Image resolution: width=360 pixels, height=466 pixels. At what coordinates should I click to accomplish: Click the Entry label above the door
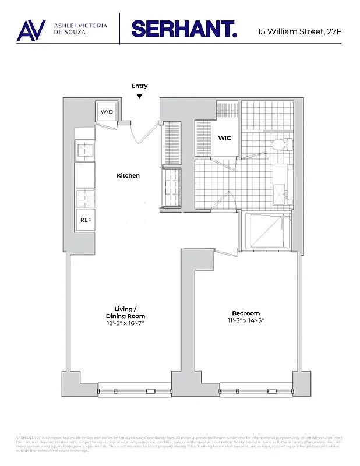139,86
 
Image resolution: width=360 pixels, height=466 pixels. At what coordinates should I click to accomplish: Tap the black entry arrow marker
139,96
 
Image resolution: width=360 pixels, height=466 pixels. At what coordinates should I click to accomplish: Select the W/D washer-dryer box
107,111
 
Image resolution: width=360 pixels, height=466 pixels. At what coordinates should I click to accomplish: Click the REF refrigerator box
86,220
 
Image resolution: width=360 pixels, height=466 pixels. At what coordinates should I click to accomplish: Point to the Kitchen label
128,176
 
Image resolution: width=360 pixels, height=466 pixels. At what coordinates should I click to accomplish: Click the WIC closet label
225,139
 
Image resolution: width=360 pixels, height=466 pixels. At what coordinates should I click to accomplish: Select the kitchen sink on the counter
85,150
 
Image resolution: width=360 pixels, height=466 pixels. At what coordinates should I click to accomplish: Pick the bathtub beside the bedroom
266,231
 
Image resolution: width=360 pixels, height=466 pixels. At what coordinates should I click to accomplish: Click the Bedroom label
245,313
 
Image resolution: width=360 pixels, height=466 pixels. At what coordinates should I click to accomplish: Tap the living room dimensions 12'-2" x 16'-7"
125,323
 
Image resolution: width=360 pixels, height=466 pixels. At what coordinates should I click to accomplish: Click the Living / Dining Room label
125,312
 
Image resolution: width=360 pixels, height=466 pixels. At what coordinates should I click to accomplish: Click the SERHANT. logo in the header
183,29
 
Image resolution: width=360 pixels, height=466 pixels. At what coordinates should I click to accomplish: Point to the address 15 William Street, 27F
299,30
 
